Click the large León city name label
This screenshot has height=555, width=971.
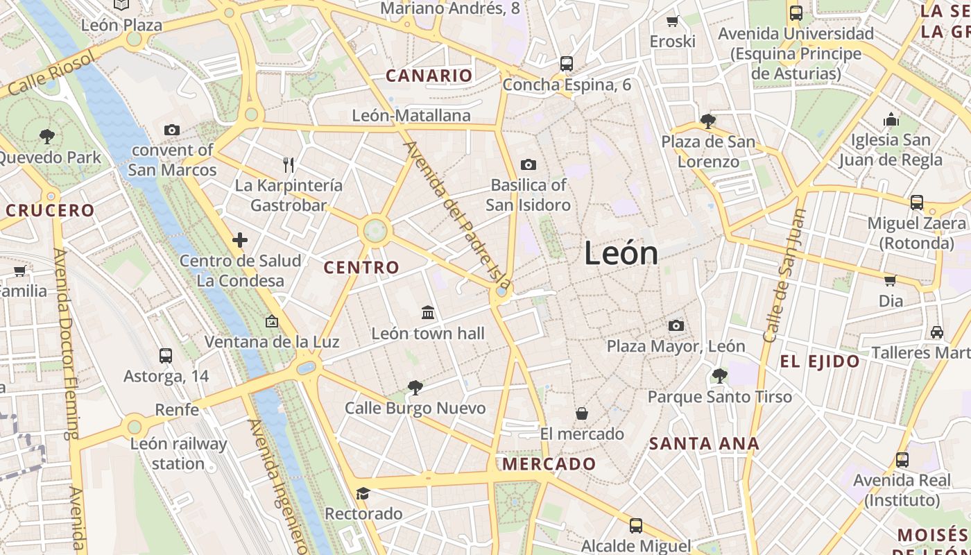[621, 253]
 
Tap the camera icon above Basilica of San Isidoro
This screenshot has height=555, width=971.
[529, 164]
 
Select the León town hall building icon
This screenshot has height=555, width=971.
[428, 313]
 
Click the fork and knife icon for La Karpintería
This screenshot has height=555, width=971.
[289, 164]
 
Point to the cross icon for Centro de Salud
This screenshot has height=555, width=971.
[240, 241]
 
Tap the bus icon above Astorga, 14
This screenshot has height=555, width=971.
[166, 356]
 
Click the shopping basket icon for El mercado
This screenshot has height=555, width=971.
[582, 413]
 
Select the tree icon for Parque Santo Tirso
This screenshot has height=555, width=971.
[719, 376]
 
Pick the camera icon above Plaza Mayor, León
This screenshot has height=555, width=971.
[676, 325]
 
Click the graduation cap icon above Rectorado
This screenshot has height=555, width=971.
[363, 493]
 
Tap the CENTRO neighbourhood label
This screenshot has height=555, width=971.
[361, 267]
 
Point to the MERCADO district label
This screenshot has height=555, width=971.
[549, 463]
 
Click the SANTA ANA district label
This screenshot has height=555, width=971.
[704, 443]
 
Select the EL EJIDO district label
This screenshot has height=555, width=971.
[820, 361]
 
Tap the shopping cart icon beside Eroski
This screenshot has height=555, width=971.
[672, 21]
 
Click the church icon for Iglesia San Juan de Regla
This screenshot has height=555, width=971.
[891, 120]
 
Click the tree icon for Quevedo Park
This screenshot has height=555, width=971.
[47, 136]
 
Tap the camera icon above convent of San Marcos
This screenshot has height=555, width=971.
[172, 130]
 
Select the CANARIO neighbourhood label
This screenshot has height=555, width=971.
[429, 76]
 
